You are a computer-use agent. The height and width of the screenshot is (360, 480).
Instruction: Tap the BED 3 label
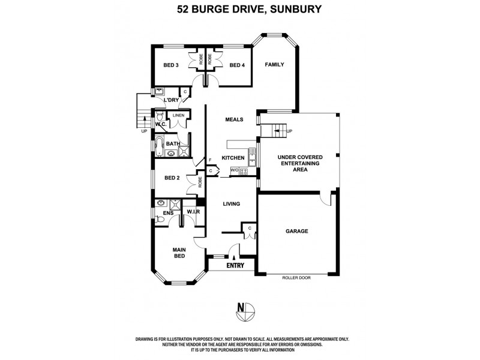(172, 65)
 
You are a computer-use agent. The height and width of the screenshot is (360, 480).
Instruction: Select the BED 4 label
(236, 65)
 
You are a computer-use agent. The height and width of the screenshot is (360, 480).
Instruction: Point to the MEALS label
(234, 119)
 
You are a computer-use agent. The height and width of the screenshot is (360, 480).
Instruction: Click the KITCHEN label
(233, 158)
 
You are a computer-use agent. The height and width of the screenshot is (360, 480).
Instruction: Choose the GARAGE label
(296, 230)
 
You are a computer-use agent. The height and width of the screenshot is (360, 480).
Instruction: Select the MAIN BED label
(179, 253)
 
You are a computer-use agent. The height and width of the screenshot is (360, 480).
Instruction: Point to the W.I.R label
(193, 212)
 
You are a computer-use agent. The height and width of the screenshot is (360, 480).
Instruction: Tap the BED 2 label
(172, 178)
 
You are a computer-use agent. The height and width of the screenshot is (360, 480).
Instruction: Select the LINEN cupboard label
(178, 115)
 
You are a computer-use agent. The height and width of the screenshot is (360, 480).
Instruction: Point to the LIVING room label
(231, 204)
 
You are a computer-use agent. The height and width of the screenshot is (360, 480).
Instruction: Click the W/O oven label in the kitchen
(235, 171)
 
